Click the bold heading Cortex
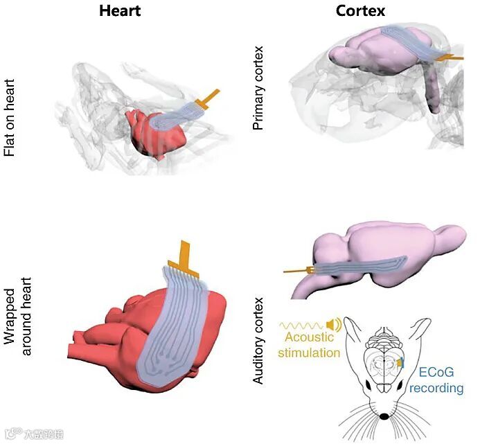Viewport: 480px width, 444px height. pos(362,11)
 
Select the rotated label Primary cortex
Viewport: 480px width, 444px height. pos(259,89)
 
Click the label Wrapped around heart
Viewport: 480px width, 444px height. pos(19,314)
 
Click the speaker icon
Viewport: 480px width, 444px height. pos(335,323)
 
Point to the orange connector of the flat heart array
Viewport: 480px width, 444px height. pos(208,99)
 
